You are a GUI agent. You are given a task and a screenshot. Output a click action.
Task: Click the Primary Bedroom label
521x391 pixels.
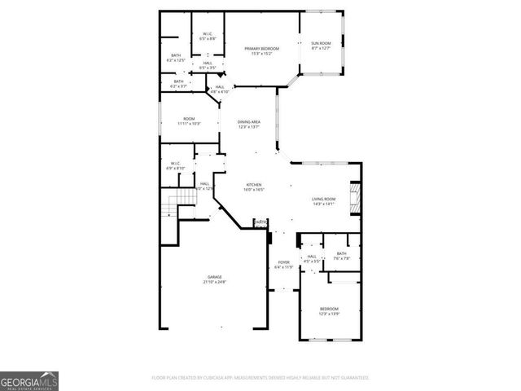[263, 51]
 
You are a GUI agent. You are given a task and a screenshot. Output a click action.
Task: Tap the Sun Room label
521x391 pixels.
[321, 46]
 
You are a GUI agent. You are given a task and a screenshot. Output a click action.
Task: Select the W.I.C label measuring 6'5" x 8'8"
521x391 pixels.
[208, 36]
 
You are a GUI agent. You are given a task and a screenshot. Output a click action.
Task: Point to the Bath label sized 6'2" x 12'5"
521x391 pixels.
[175, 58]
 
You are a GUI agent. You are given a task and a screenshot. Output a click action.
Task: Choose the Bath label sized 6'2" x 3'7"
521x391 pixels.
[178, 83]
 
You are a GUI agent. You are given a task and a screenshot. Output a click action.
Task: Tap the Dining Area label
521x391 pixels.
[248, 124]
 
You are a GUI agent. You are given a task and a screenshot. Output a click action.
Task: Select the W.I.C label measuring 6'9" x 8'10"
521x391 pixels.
[175, 165]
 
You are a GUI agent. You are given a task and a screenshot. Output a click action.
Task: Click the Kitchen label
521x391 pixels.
[255, 187]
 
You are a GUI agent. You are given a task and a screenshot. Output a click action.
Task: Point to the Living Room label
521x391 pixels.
[323, 201]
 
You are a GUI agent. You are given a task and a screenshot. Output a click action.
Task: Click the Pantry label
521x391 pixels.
[260, 222]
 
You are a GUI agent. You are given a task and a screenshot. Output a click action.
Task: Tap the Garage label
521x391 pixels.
[214, 279]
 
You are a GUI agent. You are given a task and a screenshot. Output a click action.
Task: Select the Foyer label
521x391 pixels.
[282, 264]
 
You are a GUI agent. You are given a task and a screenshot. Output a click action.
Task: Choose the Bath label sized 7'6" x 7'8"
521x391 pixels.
[342, 256]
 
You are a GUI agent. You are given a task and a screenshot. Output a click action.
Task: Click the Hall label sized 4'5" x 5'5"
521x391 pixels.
[312, 259]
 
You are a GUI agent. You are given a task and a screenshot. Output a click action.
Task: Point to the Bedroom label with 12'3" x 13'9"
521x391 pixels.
[329, 311]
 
